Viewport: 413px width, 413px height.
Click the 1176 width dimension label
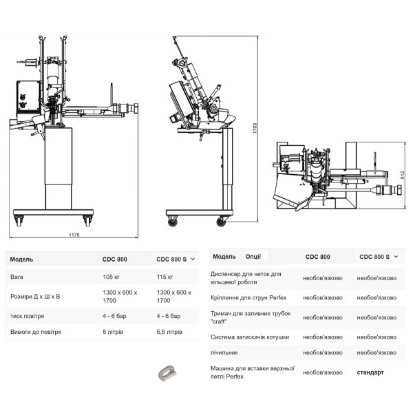pos(74,235)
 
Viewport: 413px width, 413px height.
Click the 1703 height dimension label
pos(255,128)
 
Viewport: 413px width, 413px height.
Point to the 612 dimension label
pos(402,175)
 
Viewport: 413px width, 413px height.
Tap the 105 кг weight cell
pos(111,277)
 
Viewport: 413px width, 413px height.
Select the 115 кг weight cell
pos(165,277)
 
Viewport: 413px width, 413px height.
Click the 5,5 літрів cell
pos(169,332)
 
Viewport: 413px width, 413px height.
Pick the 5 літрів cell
pos(113,332)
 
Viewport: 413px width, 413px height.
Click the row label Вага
pos(17,277)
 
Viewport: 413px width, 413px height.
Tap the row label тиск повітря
pos(27,316)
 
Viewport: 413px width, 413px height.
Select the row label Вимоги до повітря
pos(36,332)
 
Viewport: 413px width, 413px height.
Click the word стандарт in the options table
pos(370,372)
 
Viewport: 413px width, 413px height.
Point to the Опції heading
pos(253,257)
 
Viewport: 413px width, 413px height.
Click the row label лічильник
pos(224,352)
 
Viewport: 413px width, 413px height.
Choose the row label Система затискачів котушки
pos(250,337)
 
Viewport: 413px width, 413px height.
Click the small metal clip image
pos(167,373)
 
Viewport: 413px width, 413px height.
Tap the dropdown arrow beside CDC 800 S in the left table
pos(193,260)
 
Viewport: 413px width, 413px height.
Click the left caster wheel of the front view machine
pos(19,221)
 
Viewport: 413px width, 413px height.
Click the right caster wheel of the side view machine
pos(221,222)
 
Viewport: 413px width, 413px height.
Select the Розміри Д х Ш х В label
pos(35,297)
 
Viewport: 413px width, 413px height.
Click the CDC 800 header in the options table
pos(317,257)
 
